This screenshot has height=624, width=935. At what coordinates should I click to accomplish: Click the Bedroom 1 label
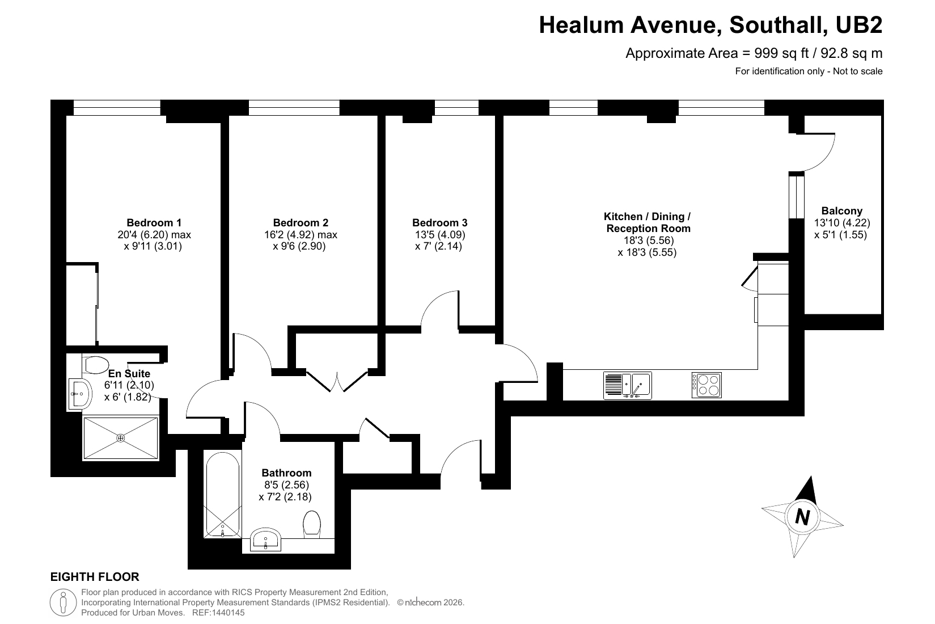coord(154,222)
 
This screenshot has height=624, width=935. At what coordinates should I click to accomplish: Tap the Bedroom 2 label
coord(301,222)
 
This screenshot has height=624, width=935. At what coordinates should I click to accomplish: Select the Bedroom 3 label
coord(440,222)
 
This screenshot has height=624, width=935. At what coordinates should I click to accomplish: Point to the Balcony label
coord(841,211)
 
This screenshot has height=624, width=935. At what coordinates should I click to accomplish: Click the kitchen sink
coord(627,386)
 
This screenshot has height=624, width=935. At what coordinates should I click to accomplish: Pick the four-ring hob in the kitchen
coord(706,385)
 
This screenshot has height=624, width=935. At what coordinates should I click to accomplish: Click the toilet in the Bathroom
coord(312,522)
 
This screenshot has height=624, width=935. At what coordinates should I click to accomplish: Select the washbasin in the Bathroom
coord(265,539)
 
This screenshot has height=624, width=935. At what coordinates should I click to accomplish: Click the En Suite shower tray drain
coord(121,438)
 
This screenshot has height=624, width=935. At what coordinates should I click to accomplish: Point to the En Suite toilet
coord(96,365)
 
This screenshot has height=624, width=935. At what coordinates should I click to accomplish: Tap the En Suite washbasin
coord(79,394)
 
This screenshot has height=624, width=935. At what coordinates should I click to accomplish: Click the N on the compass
coord(802,517)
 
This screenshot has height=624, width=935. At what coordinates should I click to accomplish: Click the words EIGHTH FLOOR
coord(95,577)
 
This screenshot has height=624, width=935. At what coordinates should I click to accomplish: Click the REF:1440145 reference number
coord(218,613)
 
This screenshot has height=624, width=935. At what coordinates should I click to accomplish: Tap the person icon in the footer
coord(64,602)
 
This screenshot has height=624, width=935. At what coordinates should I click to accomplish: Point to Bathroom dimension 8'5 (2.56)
coord(286,485)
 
